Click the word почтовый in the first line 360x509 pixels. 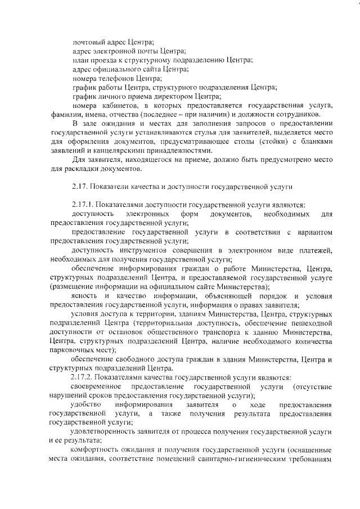pyautogui.click(x=87, y=41)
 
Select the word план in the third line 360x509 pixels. pyautogui.click(x=80, y=60)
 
